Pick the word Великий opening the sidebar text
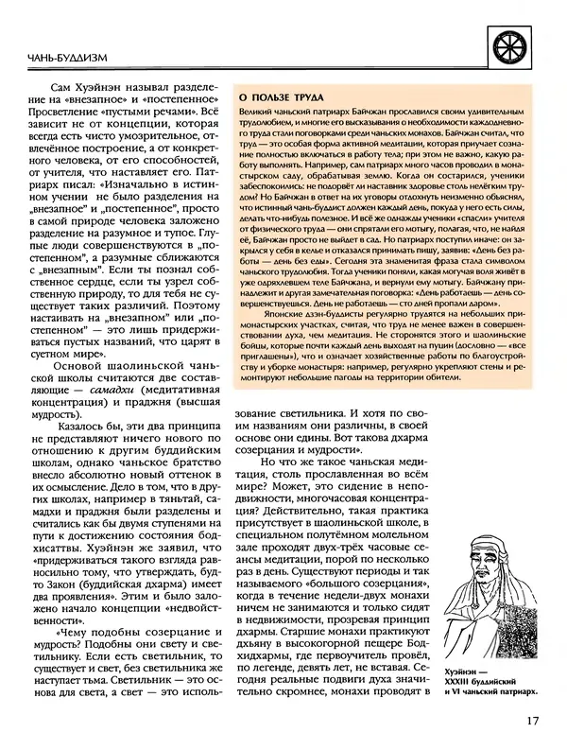pyautogui.click(x=259, y=113)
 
